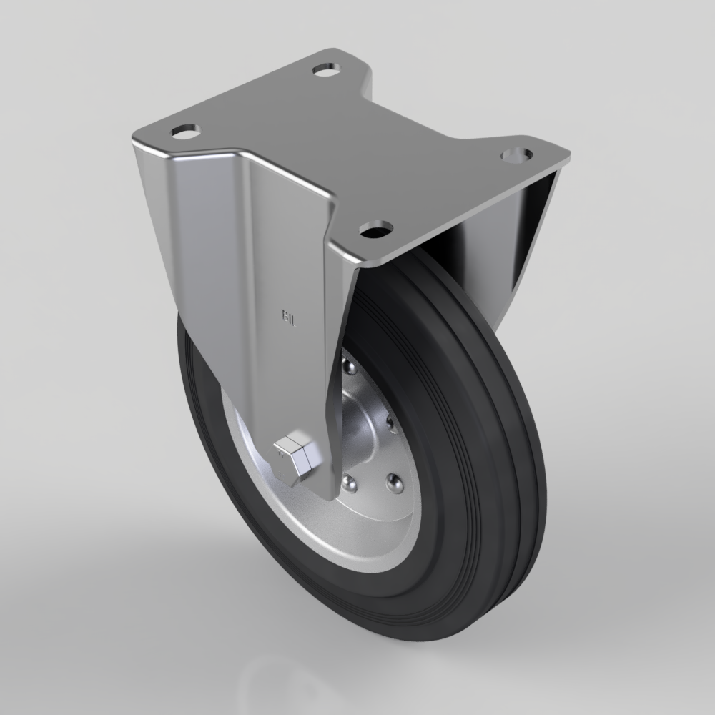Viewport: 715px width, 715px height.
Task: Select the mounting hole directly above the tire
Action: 376,229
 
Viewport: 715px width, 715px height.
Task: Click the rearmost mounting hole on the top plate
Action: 326,70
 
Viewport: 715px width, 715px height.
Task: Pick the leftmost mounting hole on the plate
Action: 186,132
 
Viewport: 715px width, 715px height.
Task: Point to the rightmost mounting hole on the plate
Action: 516,154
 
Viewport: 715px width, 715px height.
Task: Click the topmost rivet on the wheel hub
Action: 350,367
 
